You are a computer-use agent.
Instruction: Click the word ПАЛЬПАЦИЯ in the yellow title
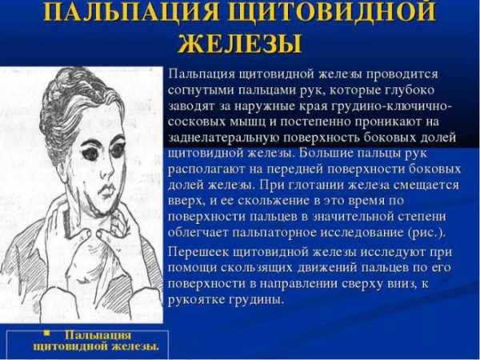pos(131,12)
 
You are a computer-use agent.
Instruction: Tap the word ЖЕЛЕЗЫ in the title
pos(240,43)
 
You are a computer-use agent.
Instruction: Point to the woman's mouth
pos(108,190)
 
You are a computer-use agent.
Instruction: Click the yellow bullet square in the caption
pos(46,334)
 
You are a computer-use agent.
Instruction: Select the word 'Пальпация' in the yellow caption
pos(98,335)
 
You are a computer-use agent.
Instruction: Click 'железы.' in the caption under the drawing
pos(135,346)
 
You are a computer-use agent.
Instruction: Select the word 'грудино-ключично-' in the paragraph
pos(391,106)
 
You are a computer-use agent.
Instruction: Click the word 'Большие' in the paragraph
pos(325,153)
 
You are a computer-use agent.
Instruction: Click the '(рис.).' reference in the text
pos(426,233)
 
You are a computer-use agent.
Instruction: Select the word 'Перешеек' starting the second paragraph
pos(198,253)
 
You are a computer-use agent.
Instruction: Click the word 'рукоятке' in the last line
pos(196,299)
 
